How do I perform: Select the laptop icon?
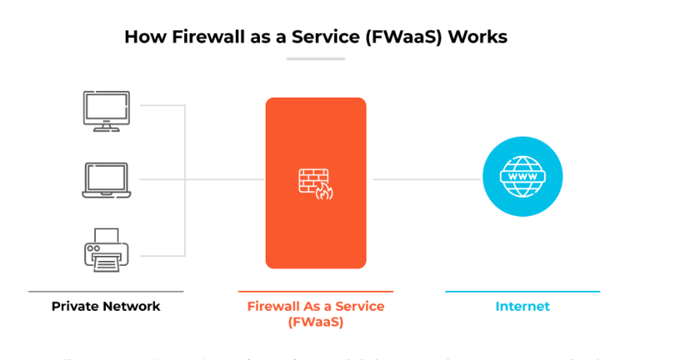(106, 179)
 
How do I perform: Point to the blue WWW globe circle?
(522, 177)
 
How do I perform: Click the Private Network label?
(106, 306)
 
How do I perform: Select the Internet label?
(522, 306)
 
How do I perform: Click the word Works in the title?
(477, 37)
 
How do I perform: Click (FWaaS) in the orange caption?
(316, 322)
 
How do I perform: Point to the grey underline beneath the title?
(316, 58)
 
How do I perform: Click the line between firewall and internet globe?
(426, 179)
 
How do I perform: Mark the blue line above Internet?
(522, 292)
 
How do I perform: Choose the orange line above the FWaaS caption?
(316, 292)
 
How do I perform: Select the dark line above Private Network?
(106, 292)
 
